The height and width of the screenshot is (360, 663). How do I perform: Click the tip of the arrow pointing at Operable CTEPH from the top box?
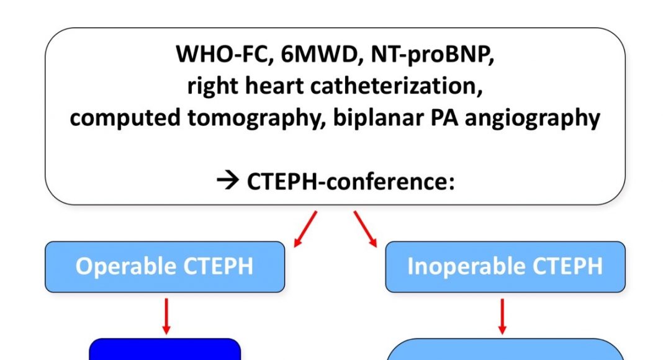tap(295, 247)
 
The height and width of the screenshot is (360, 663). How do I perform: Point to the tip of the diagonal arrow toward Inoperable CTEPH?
tap(376, 247)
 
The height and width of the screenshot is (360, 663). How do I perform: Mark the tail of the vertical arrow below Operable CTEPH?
tap(166, 299)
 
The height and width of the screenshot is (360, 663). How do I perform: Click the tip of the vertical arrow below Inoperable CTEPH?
tap(502, 335)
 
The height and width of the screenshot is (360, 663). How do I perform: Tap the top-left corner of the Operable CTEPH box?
tap(46, 242)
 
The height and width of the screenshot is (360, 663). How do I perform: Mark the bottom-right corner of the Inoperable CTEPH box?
tap(625, 292)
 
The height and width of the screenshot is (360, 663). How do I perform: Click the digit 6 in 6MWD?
tap(287, 55)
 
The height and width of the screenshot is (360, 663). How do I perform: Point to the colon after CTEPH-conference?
tap(451, 183)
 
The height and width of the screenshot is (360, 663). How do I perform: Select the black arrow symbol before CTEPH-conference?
tap(228, 182)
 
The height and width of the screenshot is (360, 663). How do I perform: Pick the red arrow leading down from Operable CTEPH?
tap(166, 317)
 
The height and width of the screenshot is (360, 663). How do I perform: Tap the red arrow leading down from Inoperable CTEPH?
tap(502, 317)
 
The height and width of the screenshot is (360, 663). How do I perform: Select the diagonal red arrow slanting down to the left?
tap(305, 229)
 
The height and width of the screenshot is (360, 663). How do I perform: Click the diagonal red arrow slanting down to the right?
tap(365, 229)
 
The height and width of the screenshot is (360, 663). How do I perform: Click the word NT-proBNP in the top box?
tap(432, 55)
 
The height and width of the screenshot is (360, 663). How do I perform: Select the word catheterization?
tap(396, 86)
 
